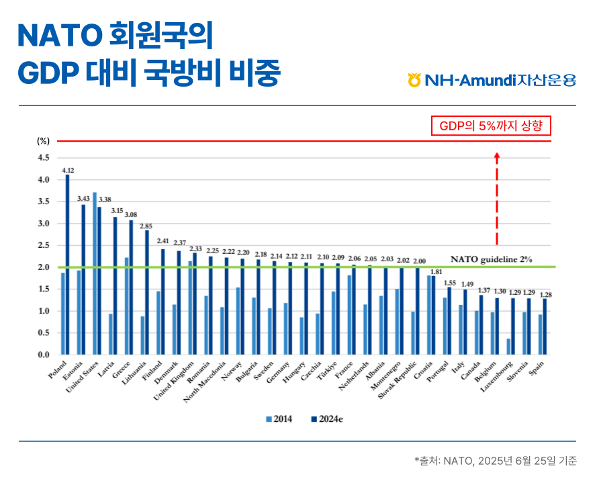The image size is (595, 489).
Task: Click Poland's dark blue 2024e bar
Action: click(68, 265)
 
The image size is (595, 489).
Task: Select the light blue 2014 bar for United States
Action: click(95, 273)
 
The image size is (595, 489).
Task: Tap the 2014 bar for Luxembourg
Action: click(508, 347)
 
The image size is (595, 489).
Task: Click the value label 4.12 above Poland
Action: click(68, 171)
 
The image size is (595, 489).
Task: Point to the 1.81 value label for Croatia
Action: click(437, 272)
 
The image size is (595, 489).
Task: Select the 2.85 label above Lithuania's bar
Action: click(146, 226)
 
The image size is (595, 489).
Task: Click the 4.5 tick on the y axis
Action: click(44, 158)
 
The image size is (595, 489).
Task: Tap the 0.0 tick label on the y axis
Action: click(44, 355)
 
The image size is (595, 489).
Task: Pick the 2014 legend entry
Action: click(279, 419)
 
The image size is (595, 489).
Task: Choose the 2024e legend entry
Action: click(327, 419)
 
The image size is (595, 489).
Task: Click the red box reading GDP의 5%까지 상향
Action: click(491, 126)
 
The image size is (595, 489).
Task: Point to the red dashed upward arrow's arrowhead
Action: click(497, 156)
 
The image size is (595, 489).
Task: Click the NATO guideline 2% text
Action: click(492, 259)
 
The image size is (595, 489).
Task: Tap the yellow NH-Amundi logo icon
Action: click(414, 80)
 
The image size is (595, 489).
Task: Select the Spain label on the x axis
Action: click(537, 369)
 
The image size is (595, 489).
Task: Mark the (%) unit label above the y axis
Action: click(43, 141)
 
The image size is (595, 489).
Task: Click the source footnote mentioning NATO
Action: click(496, 461)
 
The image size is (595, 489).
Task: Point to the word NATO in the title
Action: click(60, 36)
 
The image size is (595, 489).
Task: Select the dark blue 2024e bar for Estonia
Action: click(83, 280)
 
